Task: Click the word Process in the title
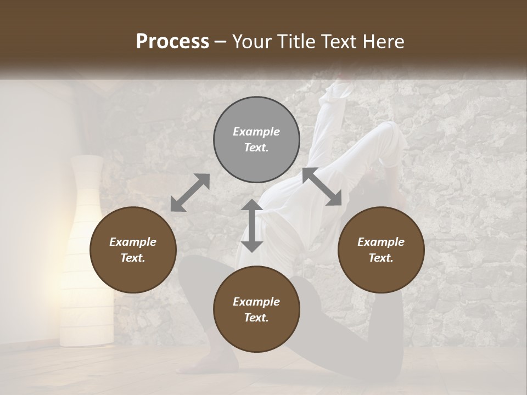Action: pyautogui.click(x=172, y=42)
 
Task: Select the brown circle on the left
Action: pyautogui.click(x=133, y=250)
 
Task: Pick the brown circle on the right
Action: pyautogui.click(x=380, y=250)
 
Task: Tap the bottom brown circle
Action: pyautogui.click(x=256, y=309)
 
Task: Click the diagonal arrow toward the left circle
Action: pyautogui.click(x=190, y=192)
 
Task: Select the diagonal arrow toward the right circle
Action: pyautogui.click(x=322, y=187)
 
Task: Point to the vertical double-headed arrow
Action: pyautogui.click(x=252, y=225)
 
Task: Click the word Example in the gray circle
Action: pyautogui.click(x=256, y=132)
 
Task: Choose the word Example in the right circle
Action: pyautogui.click(x=380, y=242)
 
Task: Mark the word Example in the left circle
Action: pyautogui.click(x=133, y=242)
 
